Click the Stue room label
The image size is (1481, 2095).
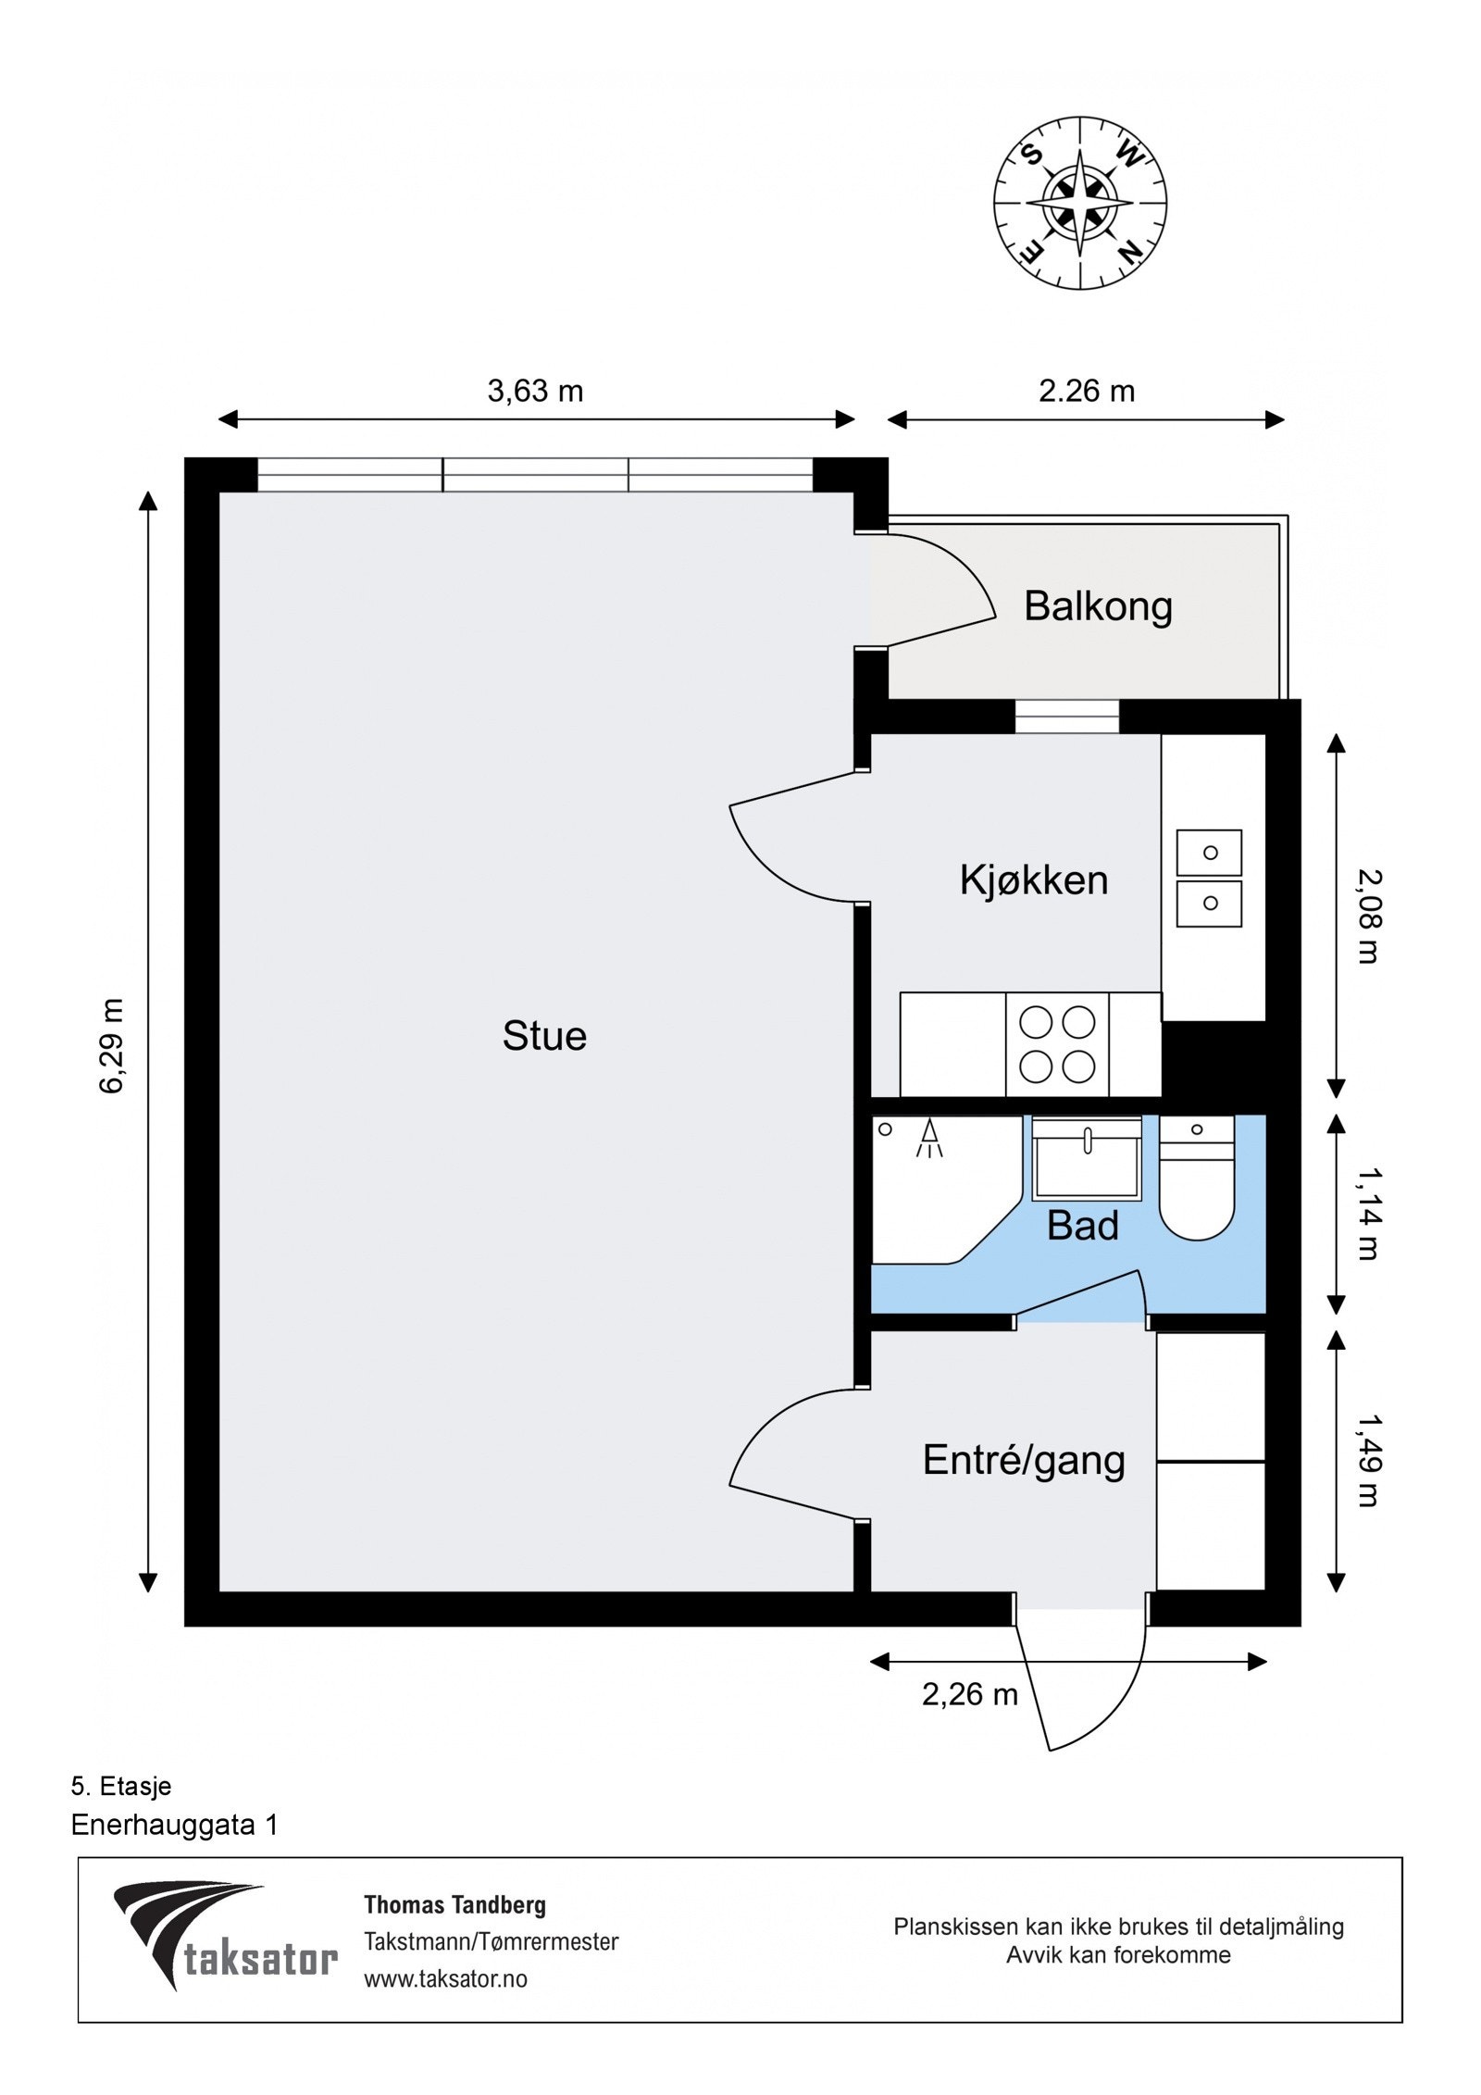point(543,1036)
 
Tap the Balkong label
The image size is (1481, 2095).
point(1098,607)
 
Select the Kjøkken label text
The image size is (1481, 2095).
point(1033,880)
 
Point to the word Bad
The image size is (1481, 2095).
point(1082,1227)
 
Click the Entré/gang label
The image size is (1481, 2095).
point(1023,1461)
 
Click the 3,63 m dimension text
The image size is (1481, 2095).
point(535,392)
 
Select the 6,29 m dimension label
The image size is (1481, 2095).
point(112,1045)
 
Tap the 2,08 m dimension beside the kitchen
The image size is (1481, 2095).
point(1366,916)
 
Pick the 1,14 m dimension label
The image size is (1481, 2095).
point(1366,1214)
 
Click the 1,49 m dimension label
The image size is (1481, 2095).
point(1366,1460)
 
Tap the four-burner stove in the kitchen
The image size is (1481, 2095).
point(1056,1044)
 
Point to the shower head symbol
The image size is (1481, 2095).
point(929,1137)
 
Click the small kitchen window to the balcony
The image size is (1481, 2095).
point(1066,717)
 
